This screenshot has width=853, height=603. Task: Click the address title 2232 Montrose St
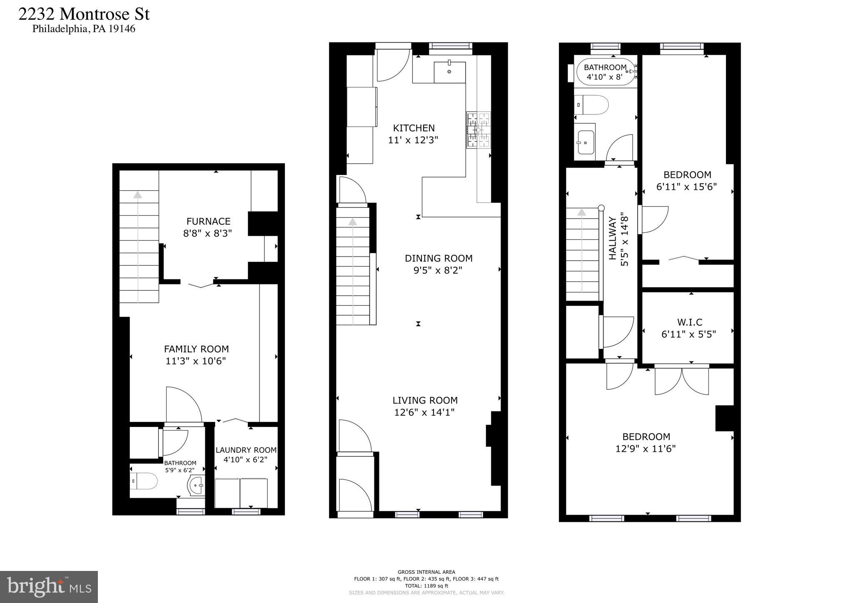84,14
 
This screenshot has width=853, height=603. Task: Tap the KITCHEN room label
414,128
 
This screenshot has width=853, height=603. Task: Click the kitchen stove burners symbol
478,130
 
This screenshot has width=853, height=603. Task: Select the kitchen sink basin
449,72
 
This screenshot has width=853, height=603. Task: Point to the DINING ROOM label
438,258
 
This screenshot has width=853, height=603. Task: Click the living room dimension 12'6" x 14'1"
424,412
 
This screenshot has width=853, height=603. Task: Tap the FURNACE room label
208,221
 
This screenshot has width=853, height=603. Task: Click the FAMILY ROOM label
196,349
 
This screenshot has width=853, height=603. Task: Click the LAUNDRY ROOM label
246,450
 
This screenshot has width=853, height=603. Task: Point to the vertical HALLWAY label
612,244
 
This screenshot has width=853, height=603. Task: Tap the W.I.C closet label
689,322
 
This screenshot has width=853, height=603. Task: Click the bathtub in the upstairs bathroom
605,72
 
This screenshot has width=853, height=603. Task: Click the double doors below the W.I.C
681,380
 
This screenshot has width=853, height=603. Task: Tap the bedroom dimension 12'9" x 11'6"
645,449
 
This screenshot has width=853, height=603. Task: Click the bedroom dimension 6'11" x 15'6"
686,187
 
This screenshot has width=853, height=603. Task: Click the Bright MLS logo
49,587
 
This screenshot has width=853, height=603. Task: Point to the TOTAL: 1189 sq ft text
426,586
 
